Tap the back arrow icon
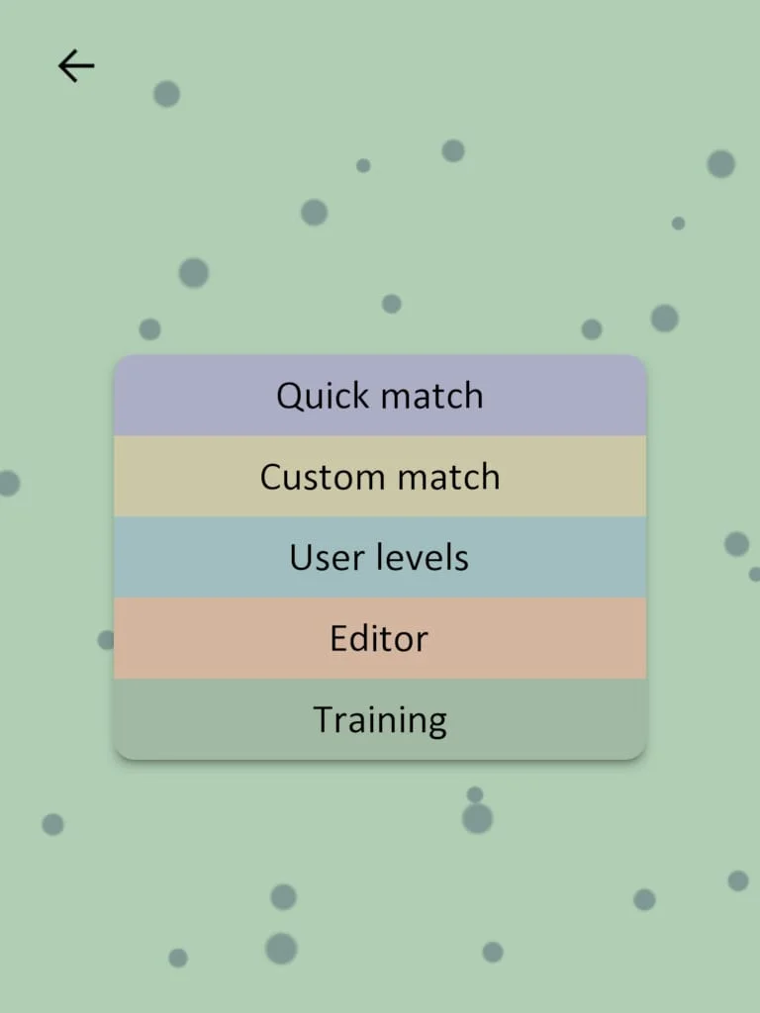(x=76, y=66)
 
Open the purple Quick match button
(x=380, y=396)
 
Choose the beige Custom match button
(x=380, y=477)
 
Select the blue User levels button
(x=380, y=558)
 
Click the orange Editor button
(x=380, y=639)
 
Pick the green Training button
(x=380, y=720)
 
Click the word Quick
(x=322, y=396)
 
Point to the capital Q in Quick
(x=289, y=396)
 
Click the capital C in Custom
(x=272, y=477)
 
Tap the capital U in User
(x=301, y=558)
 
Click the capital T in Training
(x=324, y=719)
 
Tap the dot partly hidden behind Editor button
(x=105, y=640)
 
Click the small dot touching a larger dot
(x=475, y=794)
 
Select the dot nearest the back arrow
(x=166, y=94)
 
